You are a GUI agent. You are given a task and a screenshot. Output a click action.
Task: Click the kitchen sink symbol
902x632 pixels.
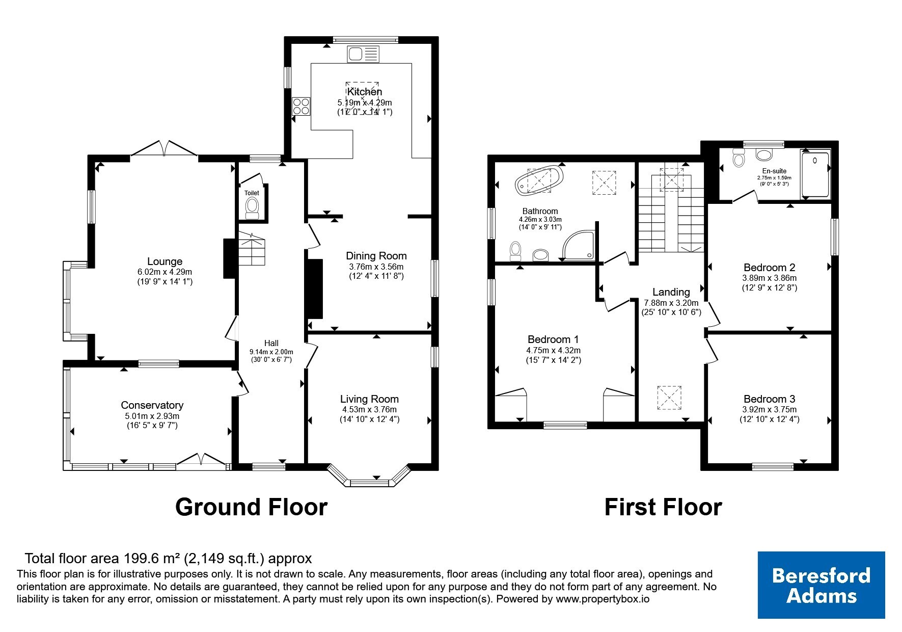click(x=364, y=54)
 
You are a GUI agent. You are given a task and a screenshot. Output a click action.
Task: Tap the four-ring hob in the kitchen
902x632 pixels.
click(x=301, y=107)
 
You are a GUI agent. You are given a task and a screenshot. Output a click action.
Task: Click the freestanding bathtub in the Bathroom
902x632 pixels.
click(x=539, y=181)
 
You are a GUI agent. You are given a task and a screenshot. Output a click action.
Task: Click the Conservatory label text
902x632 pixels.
click(x=152, y=405)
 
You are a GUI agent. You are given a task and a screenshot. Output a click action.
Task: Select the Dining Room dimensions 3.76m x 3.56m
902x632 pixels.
click(x=376, y=267)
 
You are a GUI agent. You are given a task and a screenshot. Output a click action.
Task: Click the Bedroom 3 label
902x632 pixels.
click(x=769, y=399)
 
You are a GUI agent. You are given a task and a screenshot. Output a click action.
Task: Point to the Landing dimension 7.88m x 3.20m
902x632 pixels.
click(x=671, y=303)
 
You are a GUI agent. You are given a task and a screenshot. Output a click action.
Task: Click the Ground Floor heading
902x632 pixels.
click(x=251, y=507)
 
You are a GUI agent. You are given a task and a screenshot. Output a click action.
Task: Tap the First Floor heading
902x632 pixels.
click(x=663, y=507)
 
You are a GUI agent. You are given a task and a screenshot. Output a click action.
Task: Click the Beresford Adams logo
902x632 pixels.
click(x=821, y=585)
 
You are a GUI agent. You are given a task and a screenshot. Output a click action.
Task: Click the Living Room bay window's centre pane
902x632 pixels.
click(x=369, y=482)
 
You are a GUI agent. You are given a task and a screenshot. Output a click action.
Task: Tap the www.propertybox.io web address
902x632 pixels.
click(x=603, y=599)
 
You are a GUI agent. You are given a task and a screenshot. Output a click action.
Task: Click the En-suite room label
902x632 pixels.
click(x=774, y=171)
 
